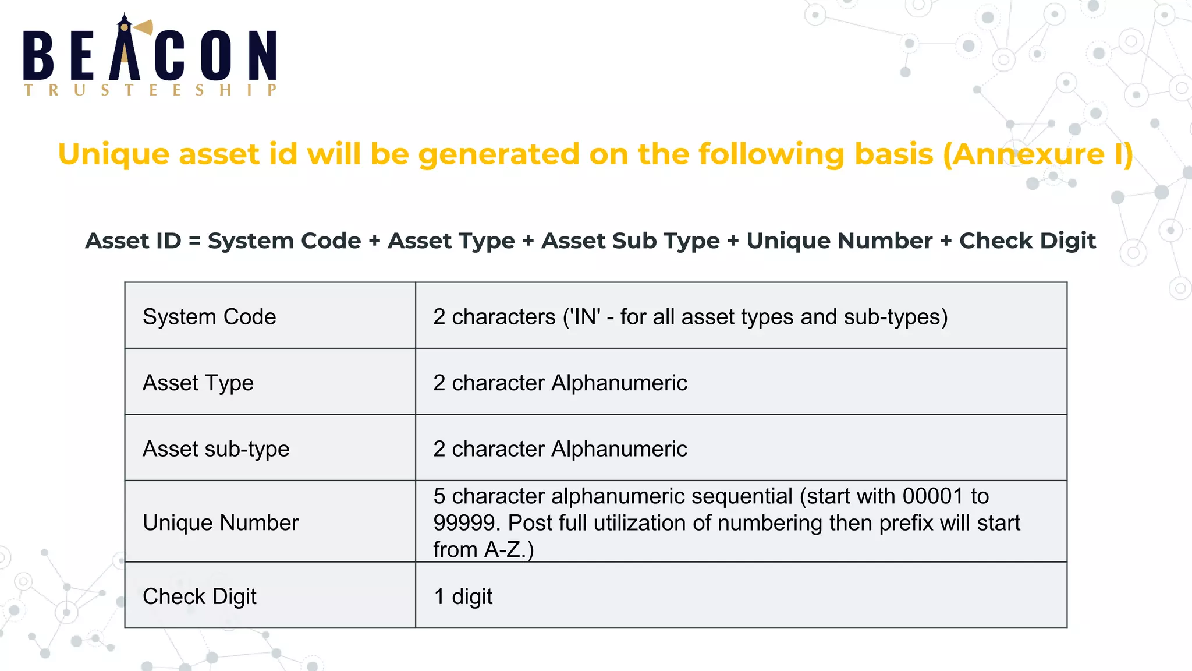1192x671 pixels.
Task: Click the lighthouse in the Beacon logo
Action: click(x=125, y=50)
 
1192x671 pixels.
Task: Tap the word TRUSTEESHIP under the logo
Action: click(x=150, y=90)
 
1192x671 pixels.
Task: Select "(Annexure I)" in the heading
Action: click(x=1038, y=154)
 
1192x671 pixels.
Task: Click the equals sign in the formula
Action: click(x=194, y=241)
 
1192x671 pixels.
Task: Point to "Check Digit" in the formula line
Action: click(x=1027, y=241)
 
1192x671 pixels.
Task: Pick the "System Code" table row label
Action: click(x=210, y=317)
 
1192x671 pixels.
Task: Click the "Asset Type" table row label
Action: click(x=198, y=383)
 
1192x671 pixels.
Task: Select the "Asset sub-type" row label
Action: click(x=216, y=449)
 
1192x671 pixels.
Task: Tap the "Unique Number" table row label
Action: click(x=221, y=522)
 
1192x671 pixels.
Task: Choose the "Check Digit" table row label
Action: click(x=200, y=596)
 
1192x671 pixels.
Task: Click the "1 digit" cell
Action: click(x=463, y=596)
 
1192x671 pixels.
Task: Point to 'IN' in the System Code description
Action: click(x=587, y=317)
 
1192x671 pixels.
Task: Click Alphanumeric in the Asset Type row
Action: click(x=619, y=383)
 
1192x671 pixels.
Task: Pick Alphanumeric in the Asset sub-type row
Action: click(x=619, y=449)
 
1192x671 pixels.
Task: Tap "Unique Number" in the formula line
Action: click(x=839, y=241)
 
